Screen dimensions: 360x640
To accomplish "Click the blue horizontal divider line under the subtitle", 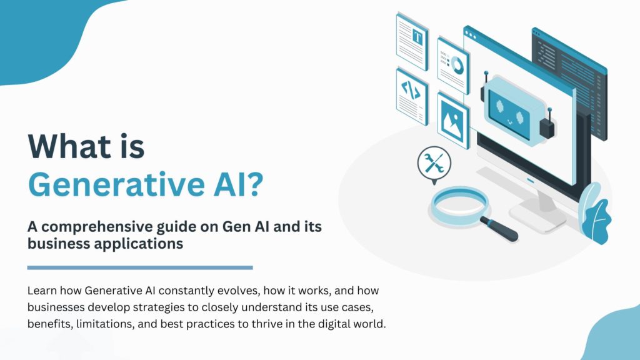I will coord(140,267).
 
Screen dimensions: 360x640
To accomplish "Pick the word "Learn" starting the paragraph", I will coord(41,292).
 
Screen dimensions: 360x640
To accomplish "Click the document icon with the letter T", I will coord(411,39).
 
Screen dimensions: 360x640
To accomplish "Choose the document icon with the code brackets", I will coord(411,92).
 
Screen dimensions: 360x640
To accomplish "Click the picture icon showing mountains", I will coord(453,119).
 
